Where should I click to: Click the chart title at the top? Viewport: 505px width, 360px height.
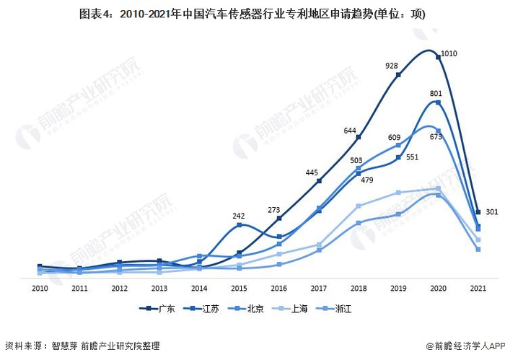[252, 14]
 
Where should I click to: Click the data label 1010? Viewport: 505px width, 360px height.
[451, 53]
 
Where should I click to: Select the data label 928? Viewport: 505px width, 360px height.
[391, 66]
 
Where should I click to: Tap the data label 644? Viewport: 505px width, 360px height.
[351, 130]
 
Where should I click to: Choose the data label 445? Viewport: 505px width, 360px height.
[312, 172]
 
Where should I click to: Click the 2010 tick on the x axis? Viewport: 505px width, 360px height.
[40, 287]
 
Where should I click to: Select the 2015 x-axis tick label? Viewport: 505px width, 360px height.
[239, 287]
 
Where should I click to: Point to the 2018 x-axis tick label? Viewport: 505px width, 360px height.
[359, 287]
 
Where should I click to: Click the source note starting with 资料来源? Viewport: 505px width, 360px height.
[82, 346]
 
